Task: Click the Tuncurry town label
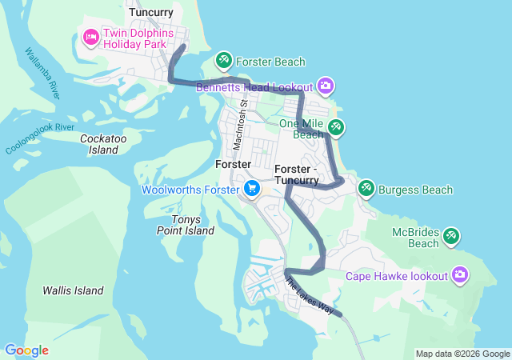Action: pos(152,11)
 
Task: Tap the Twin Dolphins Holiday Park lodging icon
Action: pos(90,36)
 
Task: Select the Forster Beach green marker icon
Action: pos(224,60)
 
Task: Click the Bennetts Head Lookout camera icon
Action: pos(325,85)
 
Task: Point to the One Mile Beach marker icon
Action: pos(336,126)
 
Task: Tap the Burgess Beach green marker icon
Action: pos(366,189)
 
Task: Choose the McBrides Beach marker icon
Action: pos(451,236)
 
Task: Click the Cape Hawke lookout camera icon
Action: pos(459,275)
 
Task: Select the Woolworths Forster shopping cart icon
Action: pos(252,190)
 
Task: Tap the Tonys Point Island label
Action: pos(185,225)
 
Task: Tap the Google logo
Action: pos(26,350)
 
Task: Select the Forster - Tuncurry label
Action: pos(296,174)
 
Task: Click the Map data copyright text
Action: pos(462,354)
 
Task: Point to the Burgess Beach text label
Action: pos(415,190)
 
